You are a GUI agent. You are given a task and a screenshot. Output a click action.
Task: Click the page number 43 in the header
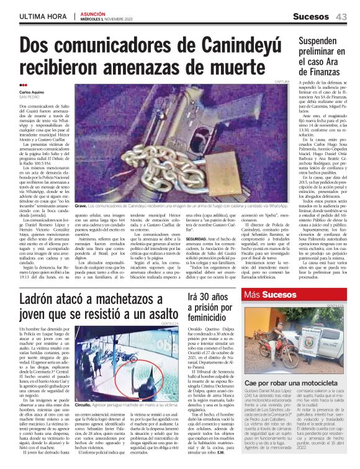pyautogui.click(x=341, y=17)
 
